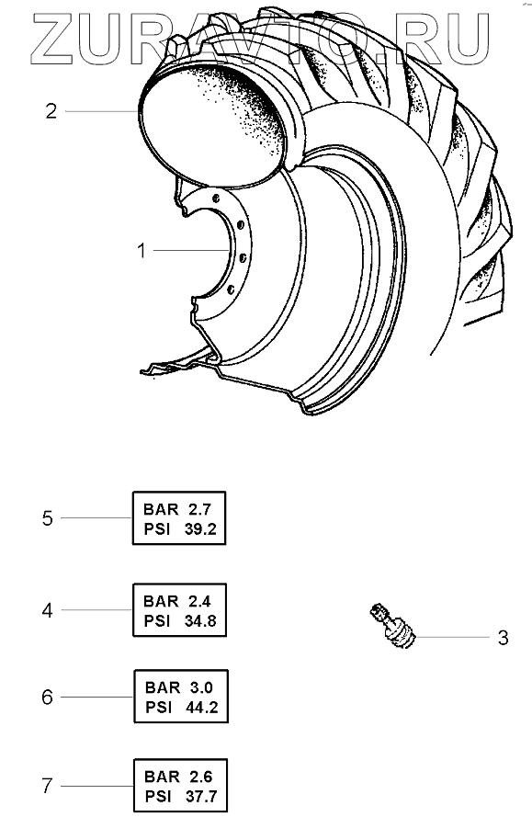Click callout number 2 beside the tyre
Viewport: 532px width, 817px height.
[x=51, y=111]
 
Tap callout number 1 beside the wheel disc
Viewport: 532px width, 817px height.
[x=141, y=251]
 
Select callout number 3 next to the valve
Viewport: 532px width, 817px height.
[x=503, y=638]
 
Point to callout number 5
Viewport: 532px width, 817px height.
[x=48, y=518]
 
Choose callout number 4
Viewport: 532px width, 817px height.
[x=48, y=610]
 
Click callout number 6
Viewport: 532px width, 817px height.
[x=48, y=698]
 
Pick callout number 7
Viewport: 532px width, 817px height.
[x=48, y=786]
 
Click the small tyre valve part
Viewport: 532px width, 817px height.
[x=393, y=625]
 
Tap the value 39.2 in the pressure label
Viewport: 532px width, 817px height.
[x=200, y=529]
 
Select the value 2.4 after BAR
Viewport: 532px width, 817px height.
[x=199, y=601]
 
